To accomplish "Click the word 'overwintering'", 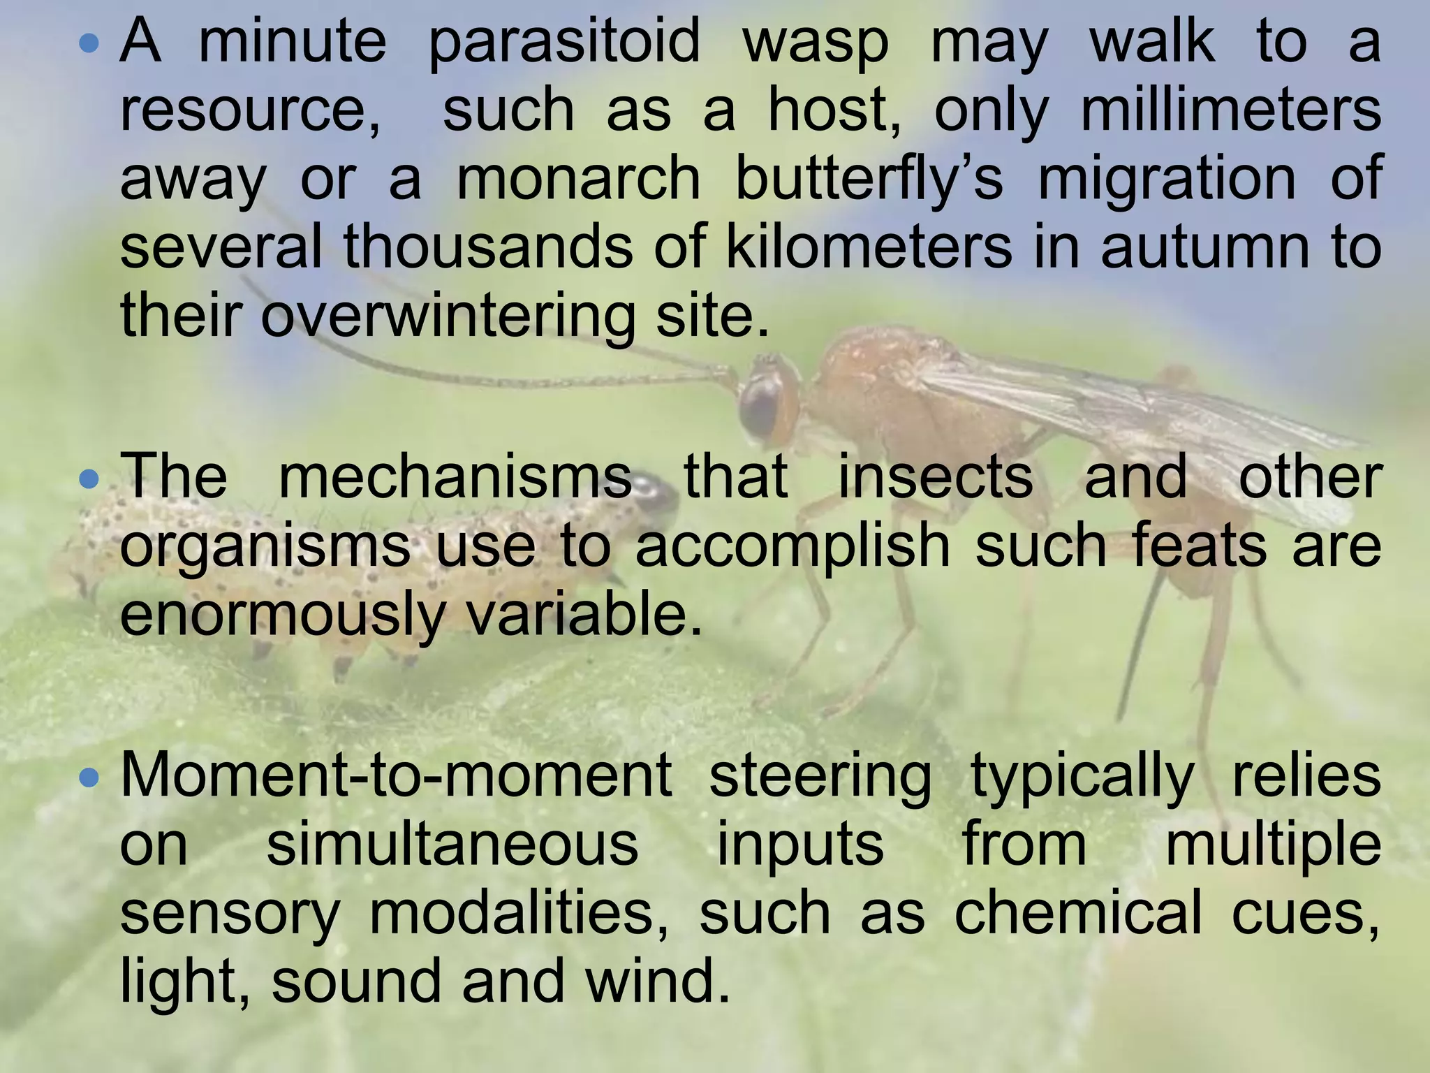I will [448, 314].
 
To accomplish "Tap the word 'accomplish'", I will [793, 546].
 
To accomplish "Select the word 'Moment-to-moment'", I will [396, 777].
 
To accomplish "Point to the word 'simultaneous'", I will [452, 844].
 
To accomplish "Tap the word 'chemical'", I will [1078, 912].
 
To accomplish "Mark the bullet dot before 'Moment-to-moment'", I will [91, 778].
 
